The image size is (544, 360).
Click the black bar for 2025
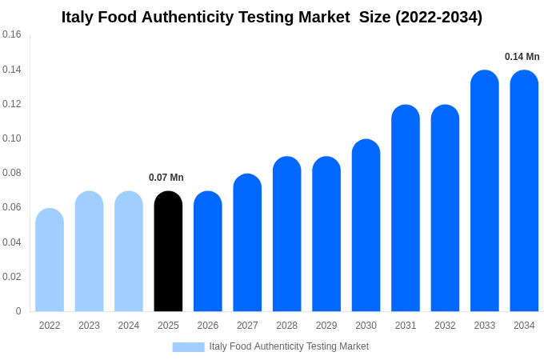click(x=168, y=251)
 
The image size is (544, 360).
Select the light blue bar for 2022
click(x=50, y=260)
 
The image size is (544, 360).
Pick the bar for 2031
click(x=406, y=208)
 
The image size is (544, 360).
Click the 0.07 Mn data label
click(x=166, y=178)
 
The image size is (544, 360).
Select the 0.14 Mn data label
click(x=522, y=57)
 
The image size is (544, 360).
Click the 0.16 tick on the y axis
click(x=12, y=34)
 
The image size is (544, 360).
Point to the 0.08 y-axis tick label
click(x=12, y=173)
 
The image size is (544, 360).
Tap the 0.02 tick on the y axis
click(x=12, y=277)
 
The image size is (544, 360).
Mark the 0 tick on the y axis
click(x=18, y=311)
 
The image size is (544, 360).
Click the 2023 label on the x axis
click(x=89, y=326)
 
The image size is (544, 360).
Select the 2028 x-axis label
click(x=286, y=326)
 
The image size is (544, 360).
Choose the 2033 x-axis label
click(x=484, y=326)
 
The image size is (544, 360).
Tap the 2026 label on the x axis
click(x=208, y=326)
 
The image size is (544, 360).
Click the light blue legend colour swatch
click(x=188, y=346)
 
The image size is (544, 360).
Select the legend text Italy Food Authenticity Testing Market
click(x=289, y=346)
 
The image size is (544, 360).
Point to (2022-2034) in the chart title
click(x=438, y=17)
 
